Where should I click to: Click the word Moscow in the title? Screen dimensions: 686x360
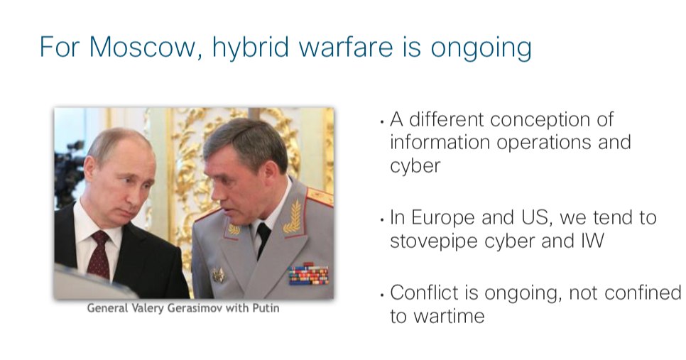[x=142, y=46]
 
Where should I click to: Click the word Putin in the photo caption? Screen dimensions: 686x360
[x=266, y=308]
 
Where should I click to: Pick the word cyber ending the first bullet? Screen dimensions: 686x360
[x=415, y=165]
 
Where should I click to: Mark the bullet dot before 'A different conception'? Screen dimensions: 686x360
[x=383, y=122]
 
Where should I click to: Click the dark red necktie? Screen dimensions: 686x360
[x=99, y=255]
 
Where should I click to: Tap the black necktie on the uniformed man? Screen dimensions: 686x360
[x=263, y=239]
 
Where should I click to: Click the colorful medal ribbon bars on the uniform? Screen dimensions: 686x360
[x=308, y=274]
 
